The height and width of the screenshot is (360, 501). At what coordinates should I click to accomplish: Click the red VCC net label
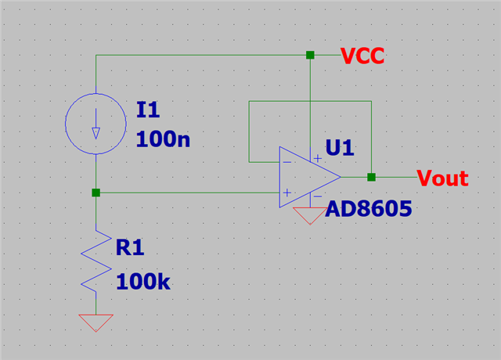coord(362,56)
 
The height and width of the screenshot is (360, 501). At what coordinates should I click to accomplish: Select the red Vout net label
coord(443,178)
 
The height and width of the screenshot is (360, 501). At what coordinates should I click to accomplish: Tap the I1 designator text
coord(148,110)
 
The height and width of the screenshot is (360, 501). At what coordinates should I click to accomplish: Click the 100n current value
coord(163,139)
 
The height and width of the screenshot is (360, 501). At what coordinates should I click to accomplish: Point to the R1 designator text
coord(130,247)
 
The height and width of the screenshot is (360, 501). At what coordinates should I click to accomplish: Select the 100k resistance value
coord(143,282)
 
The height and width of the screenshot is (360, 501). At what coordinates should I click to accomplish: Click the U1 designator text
coord(340,148)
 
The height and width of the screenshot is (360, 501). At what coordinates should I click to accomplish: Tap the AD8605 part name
coord(369,209)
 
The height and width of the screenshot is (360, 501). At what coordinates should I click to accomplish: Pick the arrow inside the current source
coord(96,124)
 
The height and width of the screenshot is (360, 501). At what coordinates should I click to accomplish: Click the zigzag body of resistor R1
coord(96,261)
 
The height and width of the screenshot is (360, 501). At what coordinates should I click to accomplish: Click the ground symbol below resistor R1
coord(96,323)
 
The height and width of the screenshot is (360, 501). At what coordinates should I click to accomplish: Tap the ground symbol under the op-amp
coord(310,216)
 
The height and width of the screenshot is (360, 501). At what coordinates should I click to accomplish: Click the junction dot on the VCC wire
coord(310,56)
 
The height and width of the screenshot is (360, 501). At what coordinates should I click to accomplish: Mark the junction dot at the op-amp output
coord(371,178)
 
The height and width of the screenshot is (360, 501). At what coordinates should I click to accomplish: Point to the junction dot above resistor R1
coord(96,193)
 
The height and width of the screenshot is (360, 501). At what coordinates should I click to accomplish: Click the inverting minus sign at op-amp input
coord(287,162)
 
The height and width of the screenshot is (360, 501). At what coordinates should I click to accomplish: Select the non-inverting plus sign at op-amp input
coord(287,193)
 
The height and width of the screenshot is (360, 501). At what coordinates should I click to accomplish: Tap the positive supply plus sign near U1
coord(317,158)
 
